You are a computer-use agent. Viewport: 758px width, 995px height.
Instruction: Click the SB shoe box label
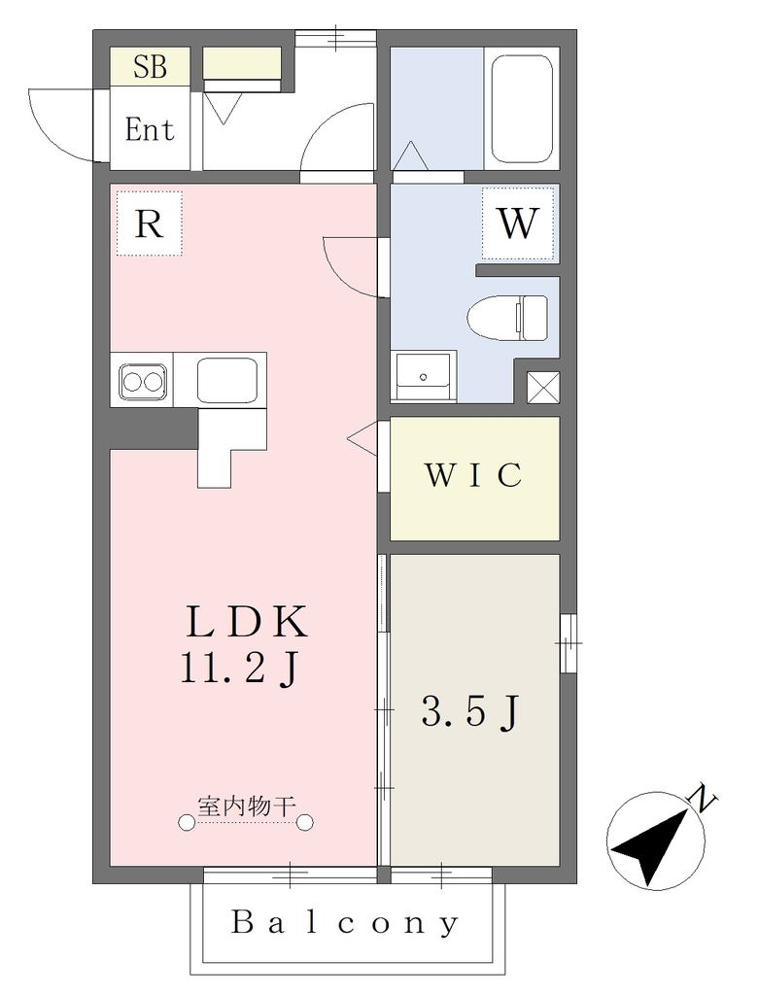(x=150, y=67)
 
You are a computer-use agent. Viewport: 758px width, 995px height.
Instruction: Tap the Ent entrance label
(x=150, y=130)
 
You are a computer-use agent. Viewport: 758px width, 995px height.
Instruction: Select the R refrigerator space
(x=150, y=223)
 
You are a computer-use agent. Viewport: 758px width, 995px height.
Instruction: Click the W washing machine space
(x=517, y=223)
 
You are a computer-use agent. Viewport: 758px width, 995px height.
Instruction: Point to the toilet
(x=507, y=318)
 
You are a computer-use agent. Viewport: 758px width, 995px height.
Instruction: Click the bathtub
(x=522, y=109)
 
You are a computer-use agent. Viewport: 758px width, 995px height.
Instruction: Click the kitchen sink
(x=227, y=381)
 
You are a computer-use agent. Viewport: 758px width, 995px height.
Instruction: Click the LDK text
(x=246, y=621)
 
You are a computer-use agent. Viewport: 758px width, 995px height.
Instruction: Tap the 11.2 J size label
(x=239, y=669)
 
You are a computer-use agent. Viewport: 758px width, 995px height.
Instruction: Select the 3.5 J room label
(x=470, y=711)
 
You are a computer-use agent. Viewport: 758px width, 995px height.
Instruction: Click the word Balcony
(x=345, y=923)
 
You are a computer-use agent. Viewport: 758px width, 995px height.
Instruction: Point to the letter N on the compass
(x=703, y=798)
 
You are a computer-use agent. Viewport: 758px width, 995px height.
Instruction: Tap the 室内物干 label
(x=247, y=806)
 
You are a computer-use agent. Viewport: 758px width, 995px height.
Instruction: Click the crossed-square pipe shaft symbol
(x=543, y=387)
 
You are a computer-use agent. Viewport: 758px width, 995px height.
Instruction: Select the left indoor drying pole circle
(x=186, y=823)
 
